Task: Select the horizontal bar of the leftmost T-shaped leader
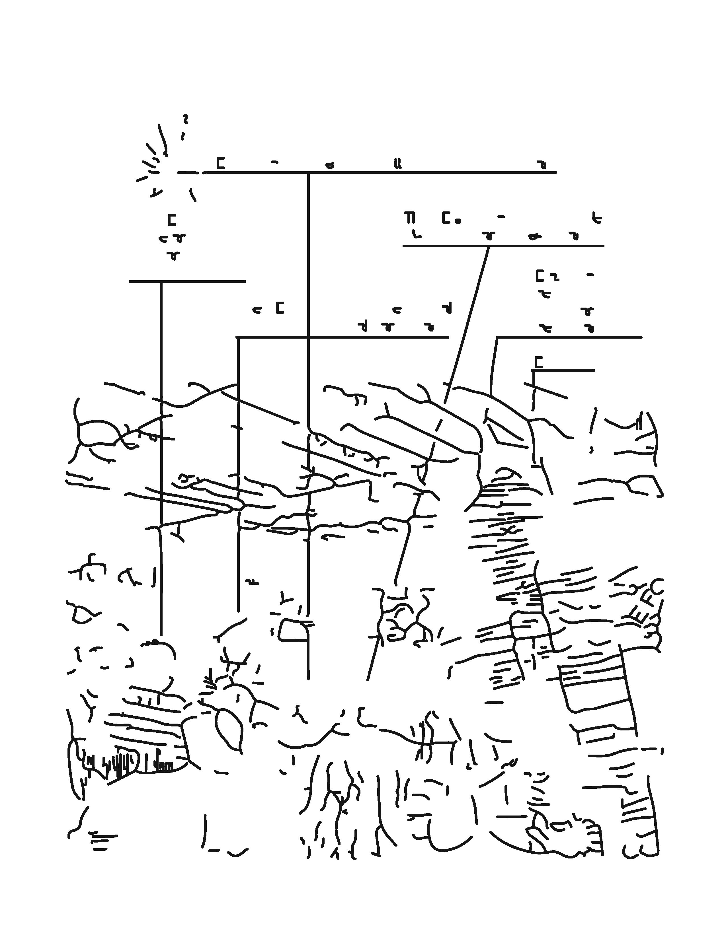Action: tap(187, 282)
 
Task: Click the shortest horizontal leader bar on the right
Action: tap(563, 370)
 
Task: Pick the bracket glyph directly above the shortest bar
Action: tap(538, 362)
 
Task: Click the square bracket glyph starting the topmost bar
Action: tap(220, 163)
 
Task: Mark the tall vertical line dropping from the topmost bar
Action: tap(308, 301)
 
